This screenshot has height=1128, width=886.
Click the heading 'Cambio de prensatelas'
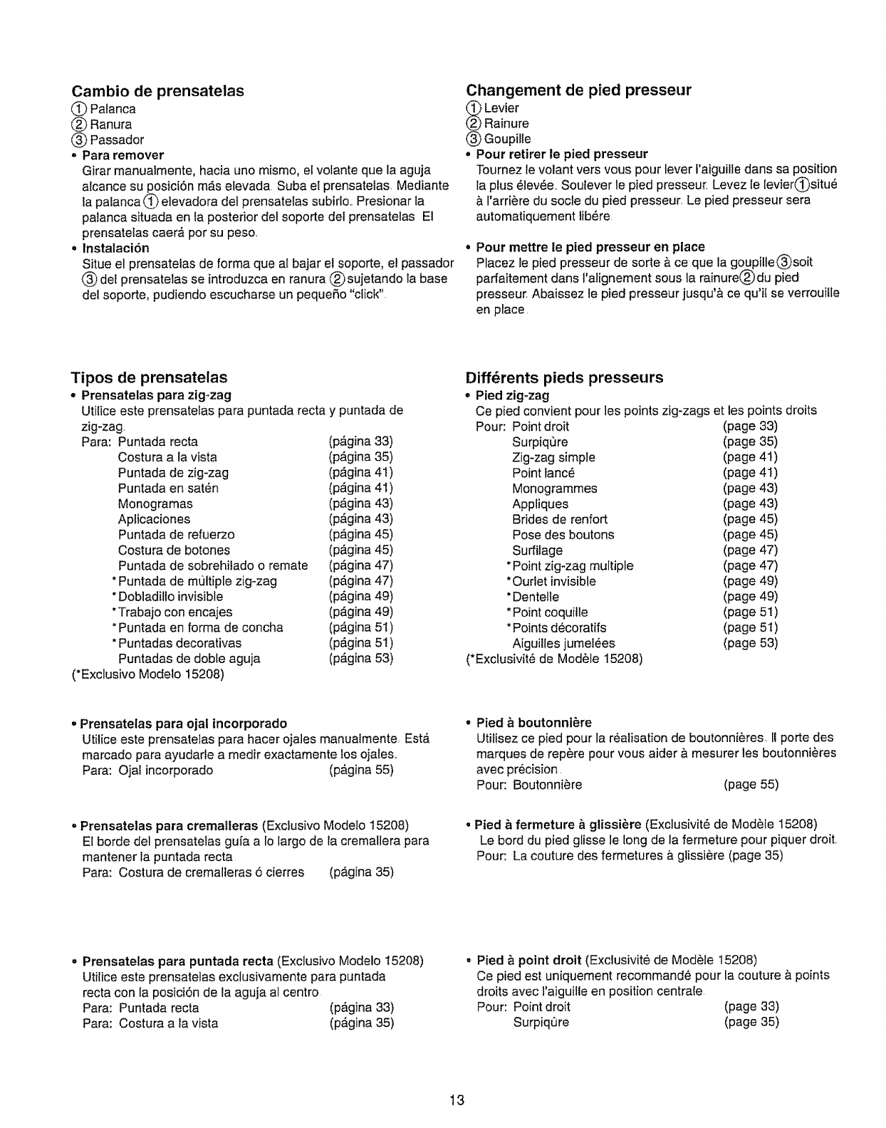(x=157, y=91)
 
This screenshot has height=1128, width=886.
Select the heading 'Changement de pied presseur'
(x=578, y=90)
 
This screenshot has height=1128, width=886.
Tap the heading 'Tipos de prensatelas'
(x=149, y=377)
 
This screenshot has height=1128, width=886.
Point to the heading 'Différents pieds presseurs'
(x=564, y=377)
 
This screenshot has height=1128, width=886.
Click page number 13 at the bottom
(x=457, y=1100)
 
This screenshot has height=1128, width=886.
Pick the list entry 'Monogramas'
(x=155, y=503)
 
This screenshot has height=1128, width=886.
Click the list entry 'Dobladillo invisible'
(x=170, y=597)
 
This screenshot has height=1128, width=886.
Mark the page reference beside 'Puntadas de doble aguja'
(x=361, y=659)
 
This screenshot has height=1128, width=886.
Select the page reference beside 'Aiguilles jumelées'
(x=751, y=643)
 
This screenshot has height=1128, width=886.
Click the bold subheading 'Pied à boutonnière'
(x=533, y=723)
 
